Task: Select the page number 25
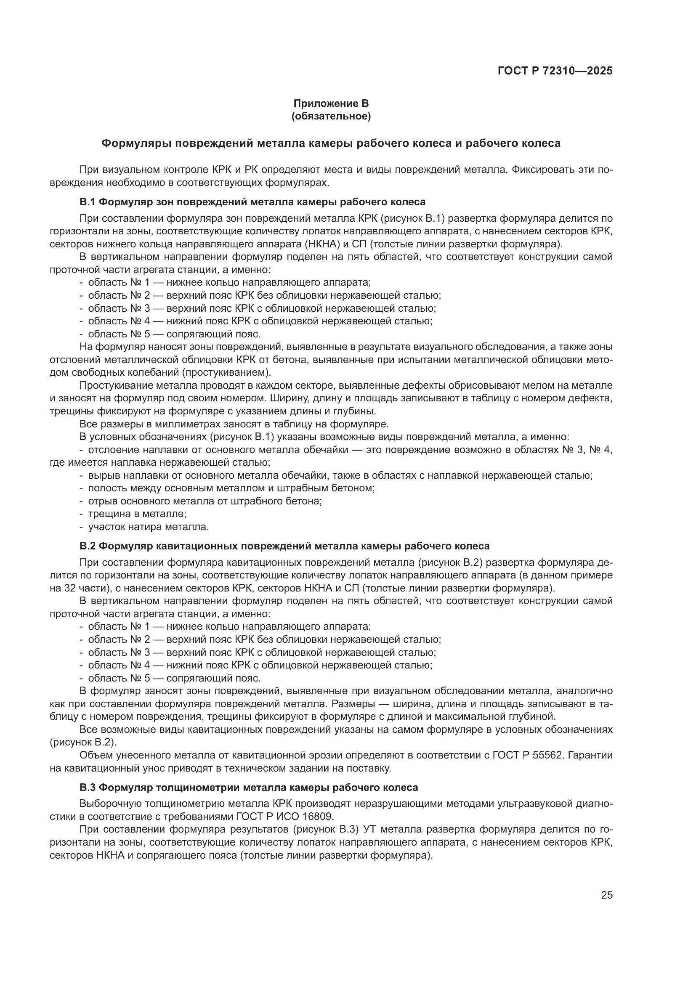point(606,895)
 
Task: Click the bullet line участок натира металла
point(148,526)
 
